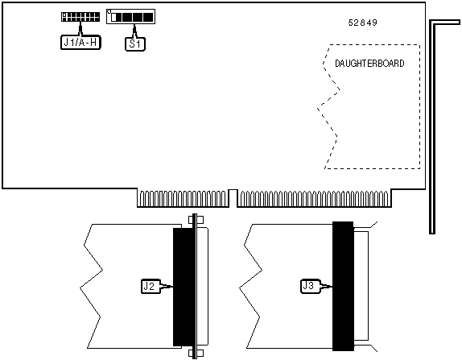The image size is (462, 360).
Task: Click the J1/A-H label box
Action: tap(80, 43)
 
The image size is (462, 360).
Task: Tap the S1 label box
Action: tap(135, 44)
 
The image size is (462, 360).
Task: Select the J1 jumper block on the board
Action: tap(80, 17)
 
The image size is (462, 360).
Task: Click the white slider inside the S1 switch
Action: tap(114, 18)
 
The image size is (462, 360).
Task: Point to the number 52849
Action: tap(363, 23)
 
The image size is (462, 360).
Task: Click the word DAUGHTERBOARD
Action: tap(369, 64)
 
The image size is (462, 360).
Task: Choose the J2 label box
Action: tap(151, 286)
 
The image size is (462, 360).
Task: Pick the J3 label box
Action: tap(310, 286)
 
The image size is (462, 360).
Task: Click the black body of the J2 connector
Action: tap(183, 287)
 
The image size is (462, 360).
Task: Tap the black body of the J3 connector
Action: tap(343, 286)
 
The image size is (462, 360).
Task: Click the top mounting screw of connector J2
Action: tap(195, 220)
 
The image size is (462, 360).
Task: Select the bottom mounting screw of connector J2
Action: tap(195, 354)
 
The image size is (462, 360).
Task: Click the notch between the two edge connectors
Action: tap(233, 198)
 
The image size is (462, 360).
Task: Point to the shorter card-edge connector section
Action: tap(183, 198)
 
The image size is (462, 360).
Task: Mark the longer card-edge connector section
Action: tap(315, 198)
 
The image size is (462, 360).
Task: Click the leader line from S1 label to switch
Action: tap(135, 31)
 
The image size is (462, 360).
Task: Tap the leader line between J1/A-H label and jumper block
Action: tap(80, 29)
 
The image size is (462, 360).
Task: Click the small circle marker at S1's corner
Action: tap(109, 12)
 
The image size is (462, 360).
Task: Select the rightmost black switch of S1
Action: tap(147, 18)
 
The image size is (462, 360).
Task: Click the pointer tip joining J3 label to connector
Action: tap(332, 286)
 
